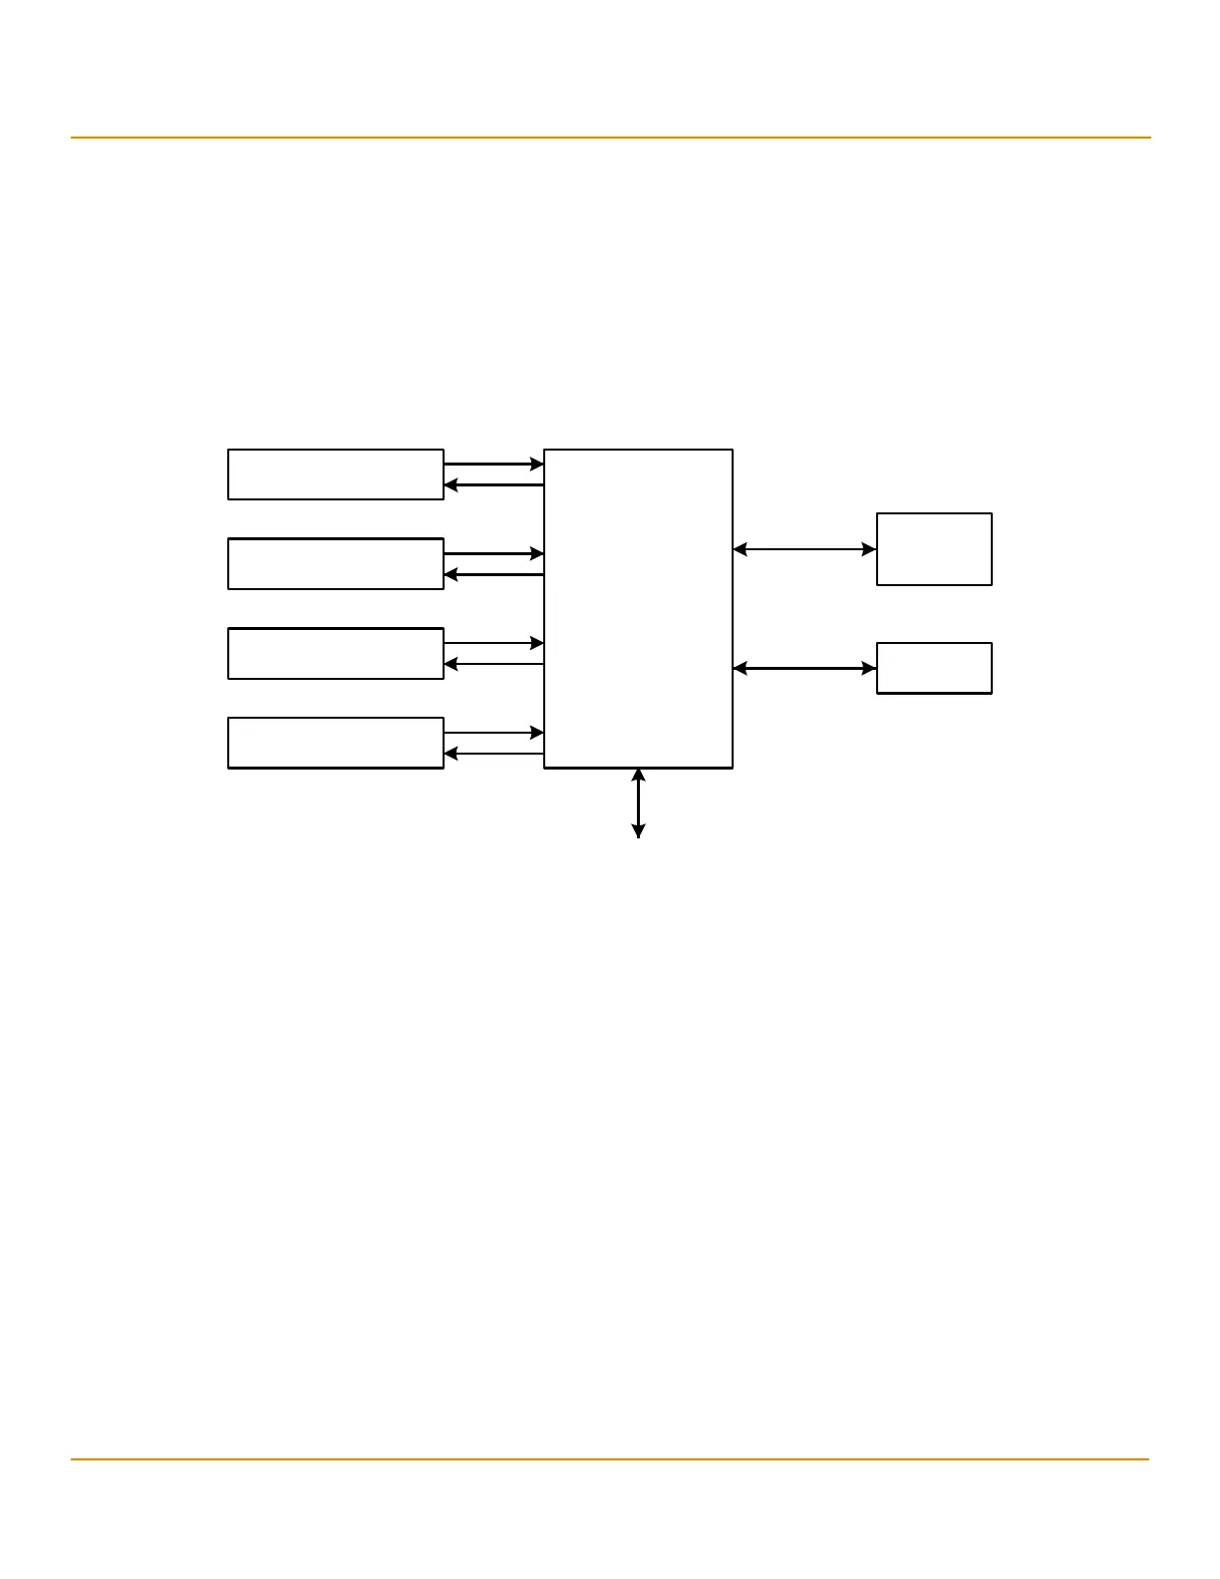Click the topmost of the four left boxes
point(335,474)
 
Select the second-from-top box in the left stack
point(335,564)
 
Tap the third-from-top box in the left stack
point(335,654)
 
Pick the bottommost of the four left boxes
point(335,743)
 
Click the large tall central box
point(638,608)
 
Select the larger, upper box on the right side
point(934,549)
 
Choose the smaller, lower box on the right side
point(934,668)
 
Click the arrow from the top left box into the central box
point(493,464)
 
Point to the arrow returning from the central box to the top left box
point(493,485)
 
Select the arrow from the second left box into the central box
point(493,553)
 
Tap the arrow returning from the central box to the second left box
point(493,575)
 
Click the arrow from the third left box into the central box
point(493,643)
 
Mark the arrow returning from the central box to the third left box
point(493,664)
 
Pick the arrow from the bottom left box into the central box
point(493,733)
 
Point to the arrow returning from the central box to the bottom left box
point(493,754)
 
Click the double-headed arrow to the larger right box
point(804,549)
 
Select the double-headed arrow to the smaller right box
point(804,669)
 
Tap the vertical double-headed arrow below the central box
point(638,802)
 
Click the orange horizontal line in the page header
point(610,138)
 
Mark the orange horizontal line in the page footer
point(610,1459)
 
